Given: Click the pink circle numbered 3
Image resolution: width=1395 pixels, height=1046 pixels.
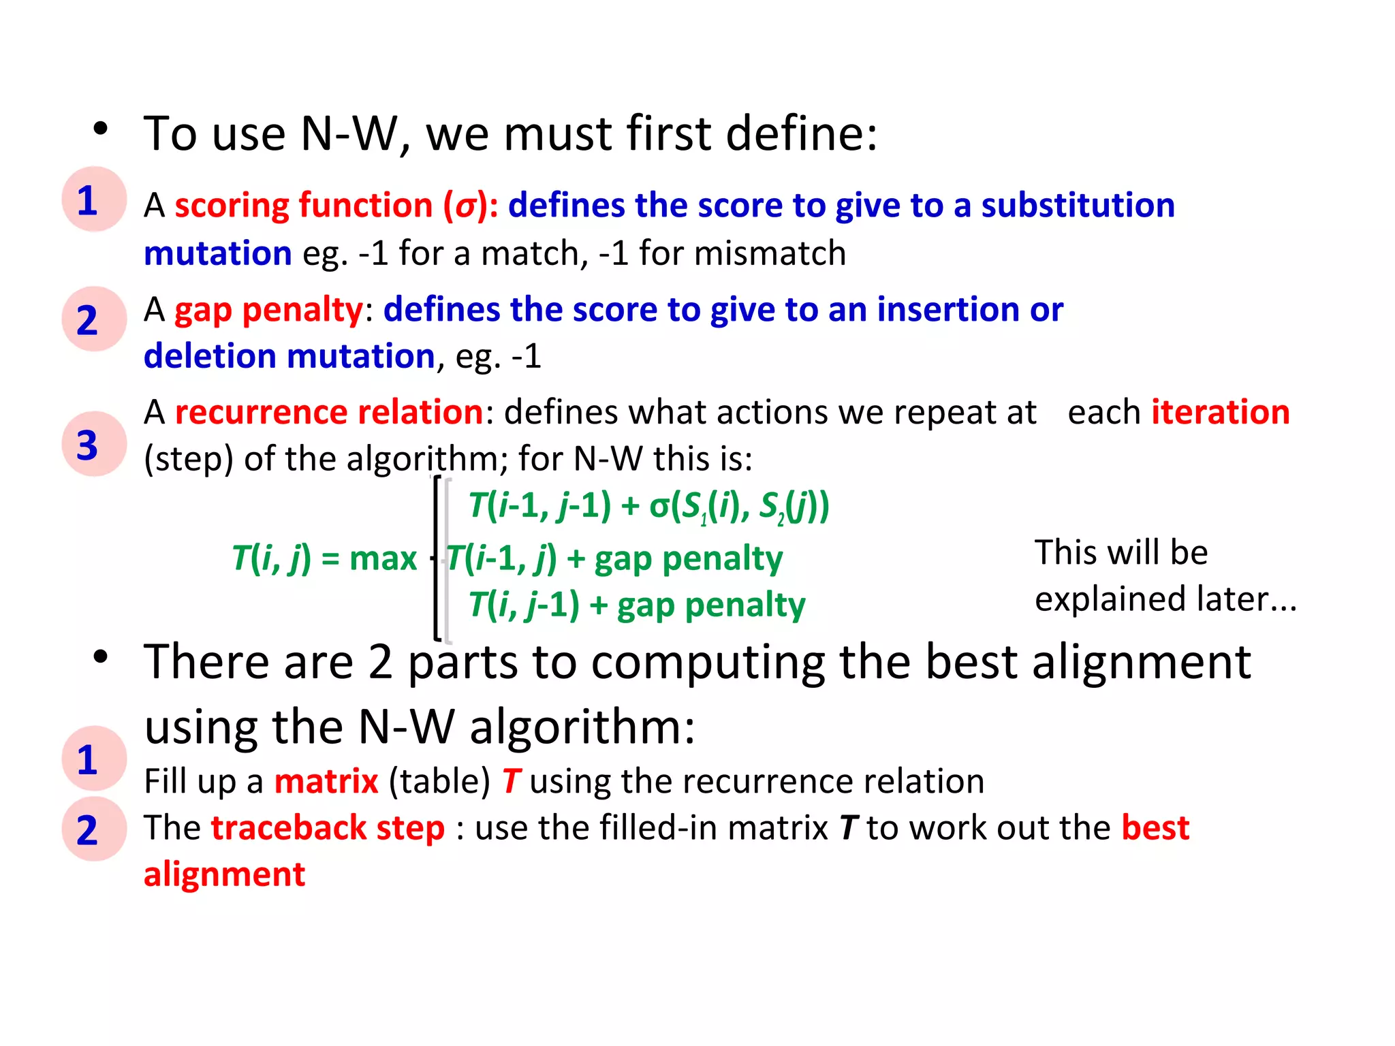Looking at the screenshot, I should (x=94, y=444).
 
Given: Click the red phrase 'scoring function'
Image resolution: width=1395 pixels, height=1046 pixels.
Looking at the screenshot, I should (x=303, y=206).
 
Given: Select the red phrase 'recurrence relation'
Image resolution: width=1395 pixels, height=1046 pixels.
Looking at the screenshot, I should (x=329, y=413).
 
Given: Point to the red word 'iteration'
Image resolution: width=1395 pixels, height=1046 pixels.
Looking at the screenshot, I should (x=1220, y=413).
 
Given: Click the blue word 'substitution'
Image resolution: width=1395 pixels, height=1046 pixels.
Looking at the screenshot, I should (x=1078, y=206).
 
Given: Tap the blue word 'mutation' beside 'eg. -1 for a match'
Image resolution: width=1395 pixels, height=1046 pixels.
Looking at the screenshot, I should (x=218, y=254).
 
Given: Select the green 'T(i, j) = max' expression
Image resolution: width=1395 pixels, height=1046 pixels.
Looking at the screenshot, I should (x=324, y=559).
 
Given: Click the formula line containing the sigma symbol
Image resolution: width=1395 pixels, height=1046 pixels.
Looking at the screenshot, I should (x=648, y=507).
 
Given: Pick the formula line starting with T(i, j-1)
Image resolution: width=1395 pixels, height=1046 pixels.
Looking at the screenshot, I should (x=637, y=605).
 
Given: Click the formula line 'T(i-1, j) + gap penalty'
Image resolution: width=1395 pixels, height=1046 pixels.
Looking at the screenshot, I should (x=614, y=559).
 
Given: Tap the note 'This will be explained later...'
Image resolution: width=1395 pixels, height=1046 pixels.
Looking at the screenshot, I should (x=1165, y=576).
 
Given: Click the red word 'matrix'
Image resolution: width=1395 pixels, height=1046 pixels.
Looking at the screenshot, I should (x=326, y=781).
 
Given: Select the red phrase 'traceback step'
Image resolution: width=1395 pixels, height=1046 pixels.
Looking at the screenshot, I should (x=328, y=828).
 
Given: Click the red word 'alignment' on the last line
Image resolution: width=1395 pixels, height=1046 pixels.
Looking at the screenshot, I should (x=224, y=874).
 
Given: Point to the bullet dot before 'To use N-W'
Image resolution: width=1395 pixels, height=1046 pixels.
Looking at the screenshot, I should (x=101, y=129).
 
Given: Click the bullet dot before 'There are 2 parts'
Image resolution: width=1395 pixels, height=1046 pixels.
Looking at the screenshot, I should (x=101, y=657).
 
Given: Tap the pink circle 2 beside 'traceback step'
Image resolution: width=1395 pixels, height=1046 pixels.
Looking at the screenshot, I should (x=94, y=829).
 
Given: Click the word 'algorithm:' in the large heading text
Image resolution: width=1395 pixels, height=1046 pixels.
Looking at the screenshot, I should (x=582, y=727).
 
